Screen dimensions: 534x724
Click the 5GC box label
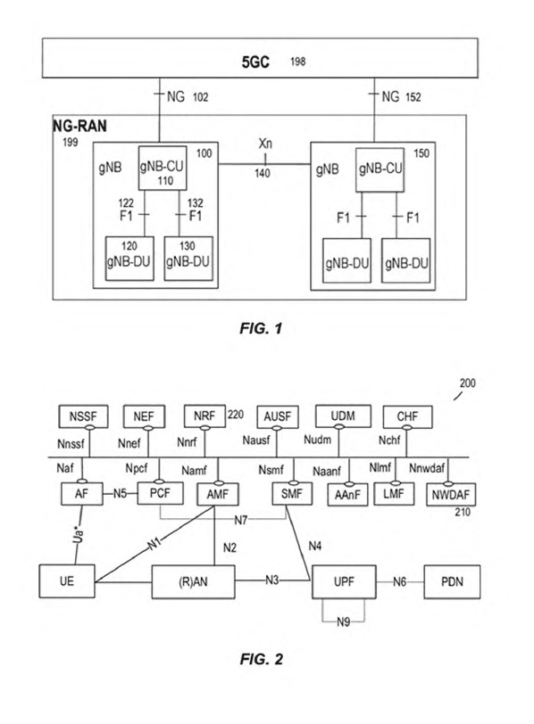click(x=255, y=62)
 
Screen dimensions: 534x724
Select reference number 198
click(x=297, y=62)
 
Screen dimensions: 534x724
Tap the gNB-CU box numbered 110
click(x=163, y=168)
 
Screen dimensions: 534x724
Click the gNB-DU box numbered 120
click(x=129, y=259)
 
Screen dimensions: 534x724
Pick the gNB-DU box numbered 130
click(x=188, y=259)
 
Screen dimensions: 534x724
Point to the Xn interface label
click(x=265, y=144)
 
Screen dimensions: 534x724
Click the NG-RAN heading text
click(x=79, y=126)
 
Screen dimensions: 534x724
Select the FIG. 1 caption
click(x=261, y=328)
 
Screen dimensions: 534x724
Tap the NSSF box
click(x=83, y=416)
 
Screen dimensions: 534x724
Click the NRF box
click(x=204, y=415)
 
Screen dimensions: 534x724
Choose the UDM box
click(x=343, y=416)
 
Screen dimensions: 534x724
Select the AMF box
click(x=218, y=494)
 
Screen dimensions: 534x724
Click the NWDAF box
click(x=451, y=495)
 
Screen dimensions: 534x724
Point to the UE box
click(x=67, y=580)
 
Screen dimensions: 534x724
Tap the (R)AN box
click(x=193, y=581)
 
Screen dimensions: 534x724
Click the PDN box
click(x=452, y=581)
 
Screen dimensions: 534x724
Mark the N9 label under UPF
click(x=343, y=622)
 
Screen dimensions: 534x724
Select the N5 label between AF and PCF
click(x=121, y=493)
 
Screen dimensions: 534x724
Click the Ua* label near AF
click(x=79, y=534)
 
